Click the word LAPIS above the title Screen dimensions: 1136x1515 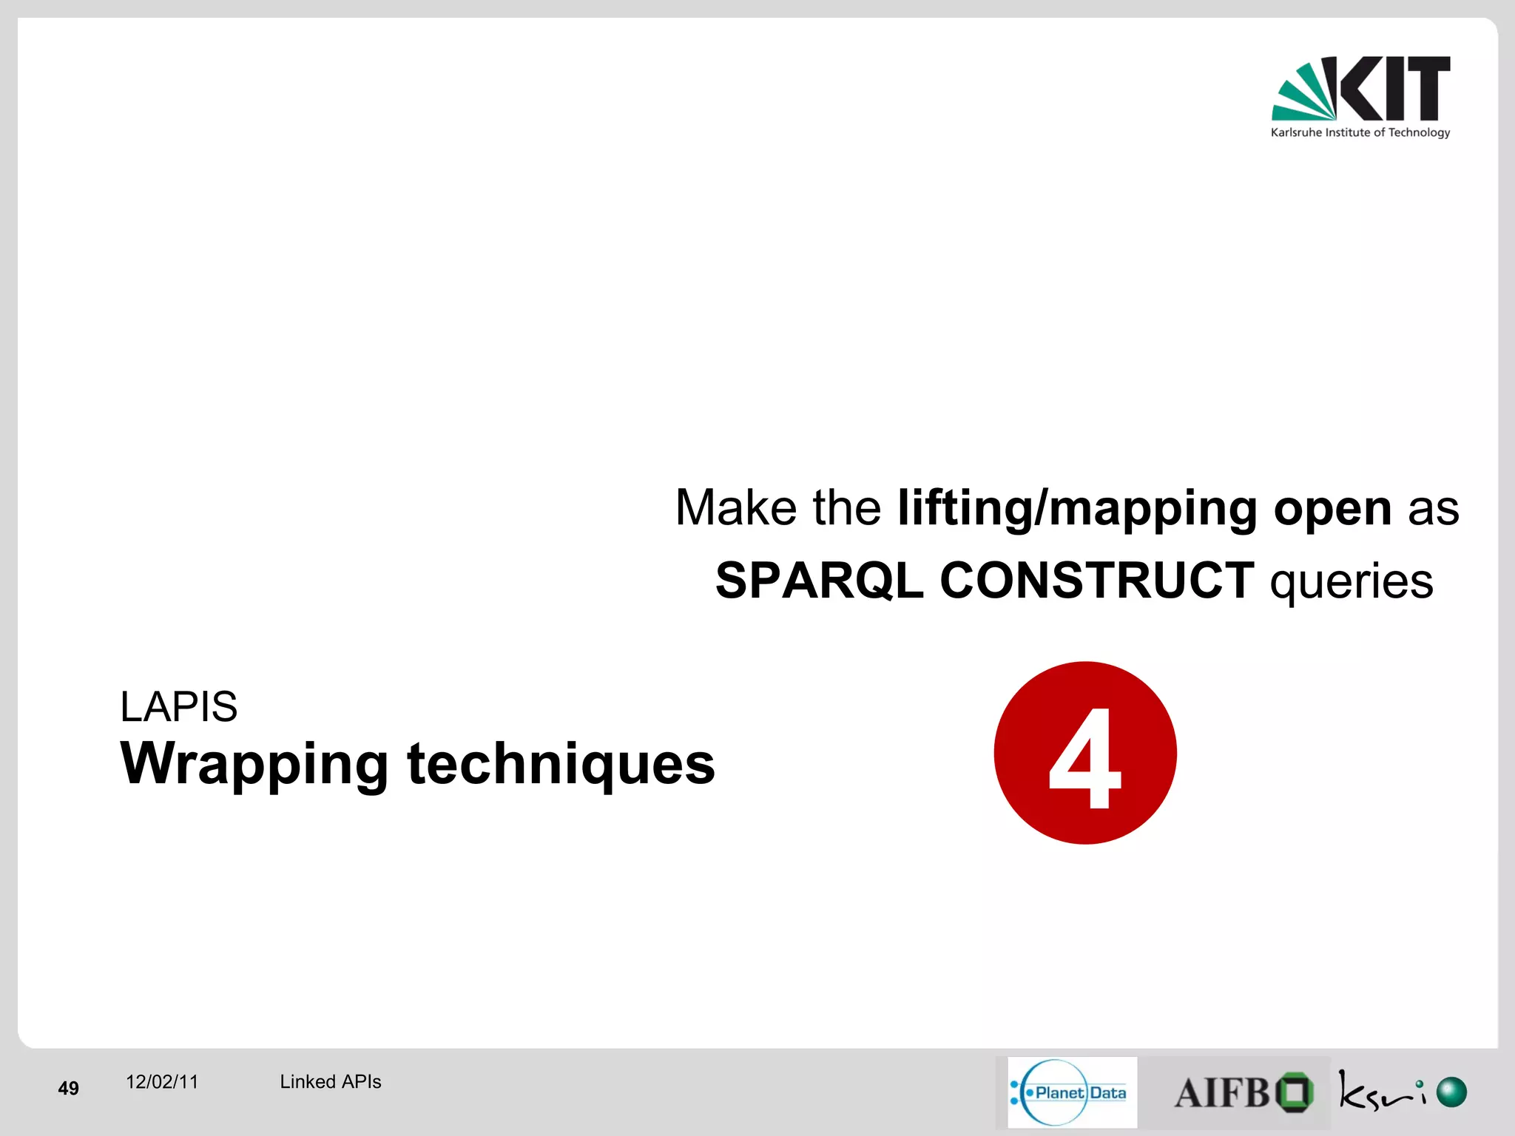click(178, 707)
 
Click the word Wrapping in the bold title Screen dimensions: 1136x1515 click(254, 765)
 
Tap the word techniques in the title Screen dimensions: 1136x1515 click(561, 763)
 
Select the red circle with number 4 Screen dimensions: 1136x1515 click(1084, 753)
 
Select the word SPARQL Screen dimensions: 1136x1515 click(819, 581)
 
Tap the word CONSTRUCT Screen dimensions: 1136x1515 click(1096, 581)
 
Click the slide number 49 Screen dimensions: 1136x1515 click(68, 1088)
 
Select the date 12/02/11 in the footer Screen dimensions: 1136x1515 click(162, 1082)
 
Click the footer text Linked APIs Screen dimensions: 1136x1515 click(330, 1082)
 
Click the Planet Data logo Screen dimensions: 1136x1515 click(1071, 1092)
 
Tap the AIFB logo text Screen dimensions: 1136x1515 click(1222, 1093)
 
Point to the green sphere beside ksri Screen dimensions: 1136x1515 click(1451, 1092)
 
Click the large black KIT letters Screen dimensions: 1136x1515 click(1394, 88)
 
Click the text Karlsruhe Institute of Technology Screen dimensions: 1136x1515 click(1360, 132)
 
